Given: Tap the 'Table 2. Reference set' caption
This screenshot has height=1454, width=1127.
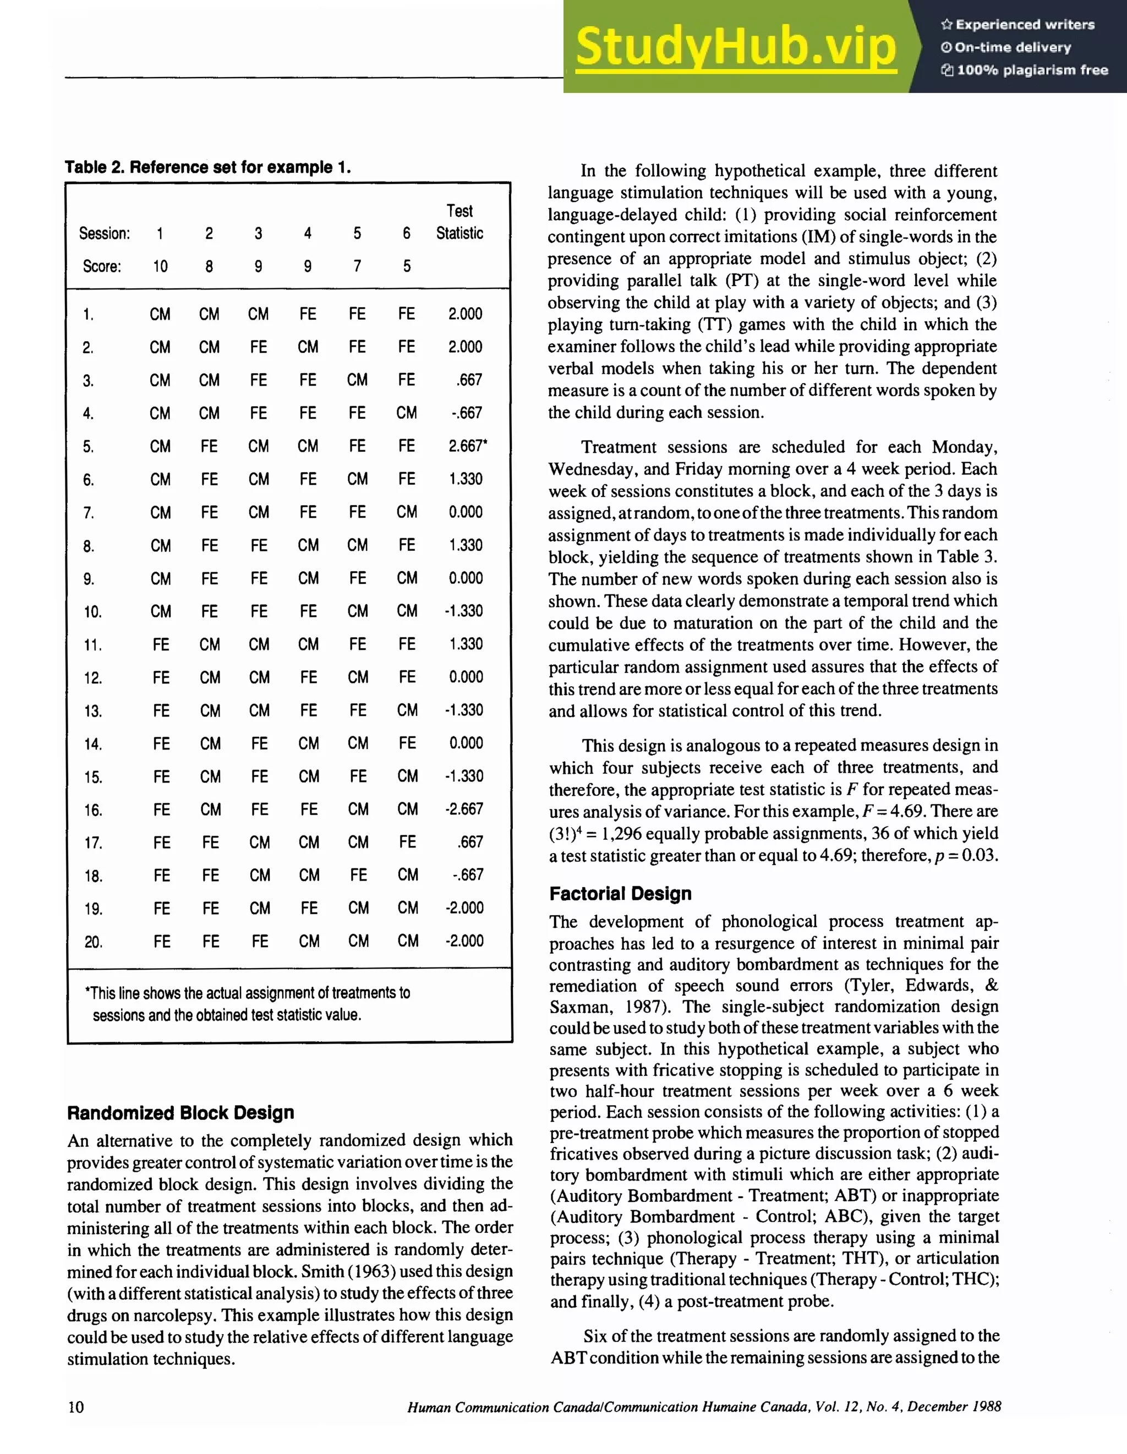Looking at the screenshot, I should [207, 167].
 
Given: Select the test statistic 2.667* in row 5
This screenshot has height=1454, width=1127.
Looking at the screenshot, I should [467, 446].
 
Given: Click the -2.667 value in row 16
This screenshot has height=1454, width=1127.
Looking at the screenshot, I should [464, 809].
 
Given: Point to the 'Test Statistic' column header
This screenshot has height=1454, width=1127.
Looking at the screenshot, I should [459, 222].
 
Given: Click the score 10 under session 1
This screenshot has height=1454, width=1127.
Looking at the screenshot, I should [160, 266].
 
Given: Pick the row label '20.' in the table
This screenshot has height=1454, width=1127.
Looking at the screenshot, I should [93, 942].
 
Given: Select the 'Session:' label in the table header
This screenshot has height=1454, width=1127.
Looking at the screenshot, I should [105, 234].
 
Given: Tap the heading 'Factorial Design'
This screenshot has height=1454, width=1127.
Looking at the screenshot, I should [620, 893].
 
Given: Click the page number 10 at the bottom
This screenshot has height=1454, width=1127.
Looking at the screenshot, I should [76, 1406].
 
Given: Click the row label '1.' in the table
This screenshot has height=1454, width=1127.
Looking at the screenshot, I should [89, 314].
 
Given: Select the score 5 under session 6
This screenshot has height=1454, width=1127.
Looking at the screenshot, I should [406, 266].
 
